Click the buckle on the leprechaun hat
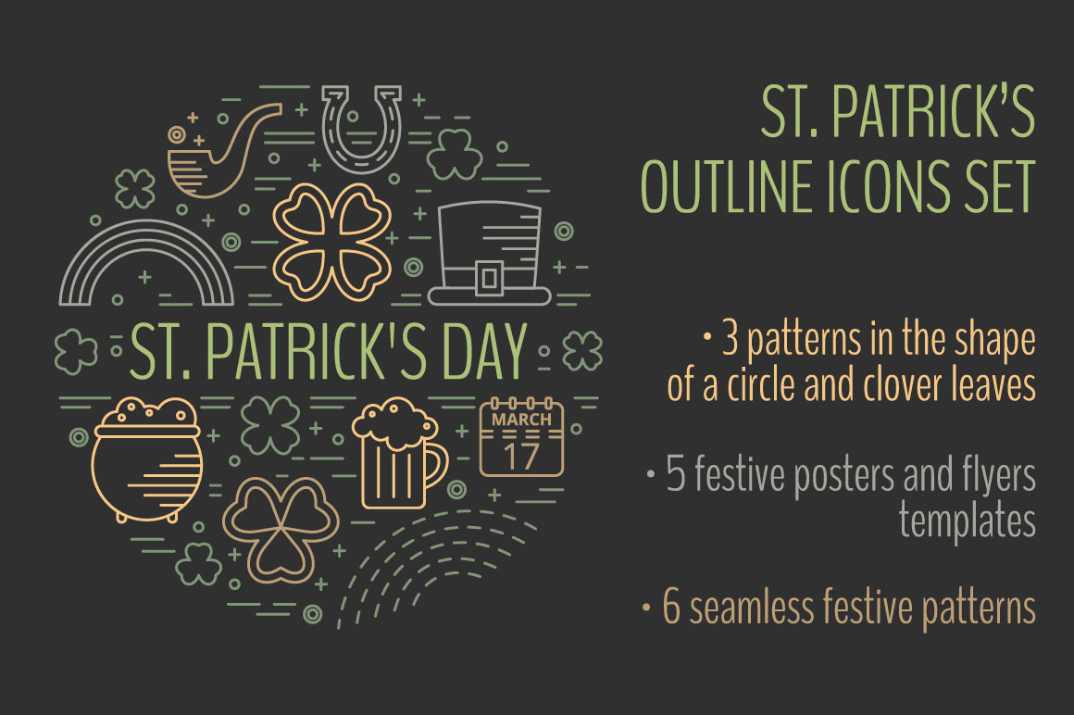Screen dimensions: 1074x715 tap(490, 278)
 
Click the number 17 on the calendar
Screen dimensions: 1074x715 tap(521, 455)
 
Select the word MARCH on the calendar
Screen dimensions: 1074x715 tap(521, 420)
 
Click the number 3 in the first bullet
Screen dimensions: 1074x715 tap(731, 341)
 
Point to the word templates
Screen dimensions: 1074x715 tap(968, 521)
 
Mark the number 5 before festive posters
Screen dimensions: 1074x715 tap(675, 474)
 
